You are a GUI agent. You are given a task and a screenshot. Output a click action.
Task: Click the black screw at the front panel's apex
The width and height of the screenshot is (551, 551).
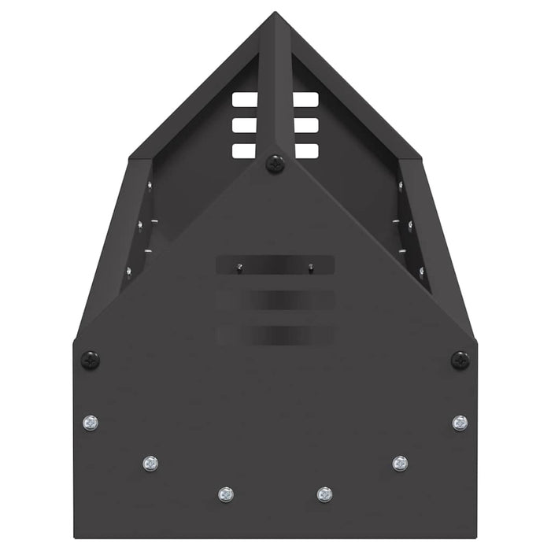275,164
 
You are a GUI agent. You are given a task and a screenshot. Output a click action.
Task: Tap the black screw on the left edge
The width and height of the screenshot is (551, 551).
91,360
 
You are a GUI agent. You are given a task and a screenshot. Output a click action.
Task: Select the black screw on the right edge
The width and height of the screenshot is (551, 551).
460,360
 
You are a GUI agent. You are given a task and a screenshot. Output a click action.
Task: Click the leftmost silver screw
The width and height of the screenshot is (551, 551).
91,423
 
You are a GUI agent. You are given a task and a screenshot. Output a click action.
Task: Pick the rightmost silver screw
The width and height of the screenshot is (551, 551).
460,423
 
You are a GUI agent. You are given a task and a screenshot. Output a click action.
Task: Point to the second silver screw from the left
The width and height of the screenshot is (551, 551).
150,463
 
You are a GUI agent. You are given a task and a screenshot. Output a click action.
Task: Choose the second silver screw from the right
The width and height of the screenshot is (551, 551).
400,463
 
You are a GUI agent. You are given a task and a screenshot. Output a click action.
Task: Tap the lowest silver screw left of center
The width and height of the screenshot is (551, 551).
226,494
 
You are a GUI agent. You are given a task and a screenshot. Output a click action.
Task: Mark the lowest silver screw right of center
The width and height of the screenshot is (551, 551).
324,494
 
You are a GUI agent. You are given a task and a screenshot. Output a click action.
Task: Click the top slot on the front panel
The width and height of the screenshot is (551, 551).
275,265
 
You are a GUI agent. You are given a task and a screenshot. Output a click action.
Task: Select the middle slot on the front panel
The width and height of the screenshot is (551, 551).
275,300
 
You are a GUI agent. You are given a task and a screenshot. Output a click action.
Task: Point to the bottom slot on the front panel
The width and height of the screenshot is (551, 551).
275,335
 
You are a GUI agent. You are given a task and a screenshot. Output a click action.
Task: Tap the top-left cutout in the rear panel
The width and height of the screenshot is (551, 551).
245,100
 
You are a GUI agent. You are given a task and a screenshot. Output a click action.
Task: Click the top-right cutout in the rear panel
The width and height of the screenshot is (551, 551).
306,100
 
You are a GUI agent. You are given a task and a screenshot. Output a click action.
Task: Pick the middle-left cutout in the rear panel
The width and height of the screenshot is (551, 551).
245,125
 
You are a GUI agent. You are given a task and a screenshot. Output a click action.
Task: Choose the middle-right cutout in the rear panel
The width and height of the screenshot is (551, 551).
306,125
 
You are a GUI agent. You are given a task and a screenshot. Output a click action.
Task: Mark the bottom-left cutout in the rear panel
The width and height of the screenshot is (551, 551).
245,150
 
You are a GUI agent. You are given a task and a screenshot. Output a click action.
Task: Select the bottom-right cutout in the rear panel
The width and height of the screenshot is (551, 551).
306,150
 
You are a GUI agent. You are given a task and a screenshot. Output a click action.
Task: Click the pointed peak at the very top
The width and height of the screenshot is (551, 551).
275,14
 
